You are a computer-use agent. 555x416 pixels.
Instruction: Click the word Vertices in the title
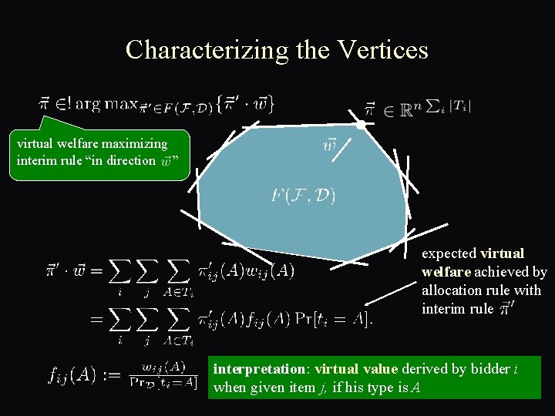(x=383, y=50)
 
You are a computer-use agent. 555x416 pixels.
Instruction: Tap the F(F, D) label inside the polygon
(x=303, y=196)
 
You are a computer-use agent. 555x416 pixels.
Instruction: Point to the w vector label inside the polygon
(x=330, y=145)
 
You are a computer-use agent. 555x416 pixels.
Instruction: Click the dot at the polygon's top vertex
(x=361, y=124)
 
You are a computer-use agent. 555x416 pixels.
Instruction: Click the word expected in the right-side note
(x=449, y=253)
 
